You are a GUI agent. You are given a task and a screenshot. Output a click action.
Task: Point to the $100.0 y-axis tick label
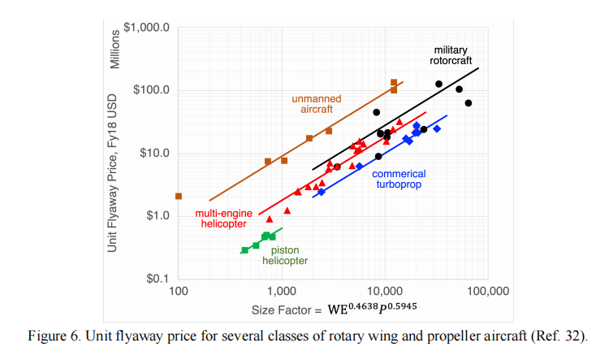point(149,90)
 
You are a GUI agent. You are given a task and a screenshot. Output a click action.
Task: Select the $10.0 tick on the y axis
point(152,153)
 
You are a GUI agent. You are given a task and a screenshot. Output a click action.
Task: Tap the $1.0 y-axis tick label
point(154,216)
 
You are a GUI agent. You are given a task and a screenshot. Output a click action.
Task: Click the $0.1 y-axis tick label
point(154,279)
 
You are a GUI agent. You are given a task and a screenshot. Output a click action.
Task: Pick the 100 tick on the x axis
point(178,291)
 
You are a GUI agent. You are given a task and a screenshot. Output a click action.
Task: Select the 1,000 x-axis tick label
point(281,291)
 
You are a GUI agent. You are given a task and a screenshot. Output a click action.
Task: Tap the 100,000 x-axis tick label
point(485,291)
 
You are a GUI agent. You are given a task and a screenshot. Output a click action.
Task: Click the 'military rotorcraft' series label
point(450,55)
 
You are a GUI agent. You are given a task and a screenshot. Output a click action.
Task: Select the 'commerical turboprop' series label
point(398,178)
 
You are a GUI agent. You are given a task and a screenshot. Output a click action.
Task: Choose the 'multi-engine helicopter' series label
point(225,219)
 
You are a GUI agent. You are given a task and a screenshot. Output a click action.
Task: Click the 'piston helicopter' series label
point(289,256)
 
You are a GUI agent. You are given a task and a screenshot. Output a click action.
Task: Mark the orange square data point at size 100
point(179,196)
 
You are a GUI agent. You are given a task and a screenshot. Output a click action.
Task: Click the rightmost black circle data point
point(469,103)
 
